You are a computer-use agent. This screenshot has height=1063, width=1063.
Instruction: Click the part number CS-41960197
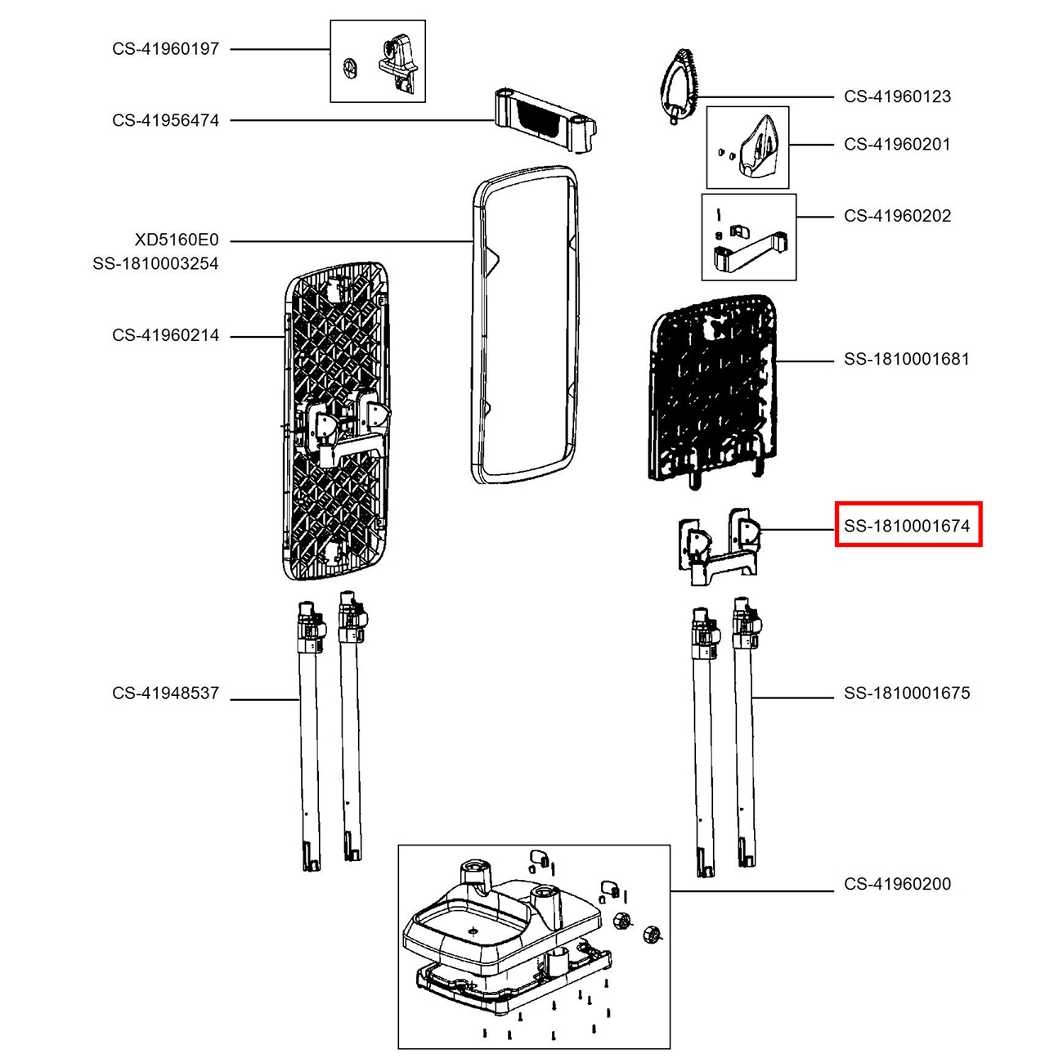coord(165,49)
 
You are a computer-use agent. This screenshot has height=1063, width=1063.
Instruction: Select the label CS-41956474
coord(165,120)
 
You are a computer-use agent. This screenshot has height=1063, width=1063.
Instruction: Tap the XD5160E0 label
coord(177,240)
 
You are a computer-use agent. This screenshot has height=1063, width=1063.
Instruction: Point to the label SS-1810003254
coord(155,263)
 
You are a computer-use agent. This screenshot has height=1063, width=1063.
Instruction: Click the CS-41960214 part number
coord(165,334)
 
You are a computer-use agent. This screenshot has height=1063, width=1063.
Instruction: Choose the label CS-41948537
coord(165,693)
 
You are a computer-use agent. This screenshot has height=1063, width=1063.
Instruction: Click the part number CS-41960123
coord(898,96)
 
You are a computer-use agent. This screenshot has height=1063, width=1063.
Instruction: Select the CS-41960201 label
coord(898,144)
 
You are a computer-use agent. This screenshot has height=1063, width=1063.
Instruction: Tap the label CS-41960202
coord(898,216)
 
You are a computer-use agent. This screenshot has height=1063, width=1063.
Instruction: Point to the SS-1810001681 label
coord(907,359)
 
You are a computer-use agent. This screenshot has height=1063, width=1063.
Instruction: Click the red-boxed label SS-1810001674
coord(907,526)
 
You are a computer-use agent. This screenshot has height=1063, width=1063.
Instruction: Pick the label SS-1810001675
coord(907,693)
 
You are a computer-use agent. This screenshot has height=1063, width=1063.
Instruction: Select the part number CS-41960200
coord(898,884)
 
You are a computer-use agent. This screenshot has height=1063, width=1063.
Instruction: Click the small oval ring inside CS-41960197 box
coord(348,69)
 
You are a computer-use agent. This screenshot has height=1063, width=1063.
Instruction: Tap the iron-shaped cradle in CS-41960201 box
coord(759,148)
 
